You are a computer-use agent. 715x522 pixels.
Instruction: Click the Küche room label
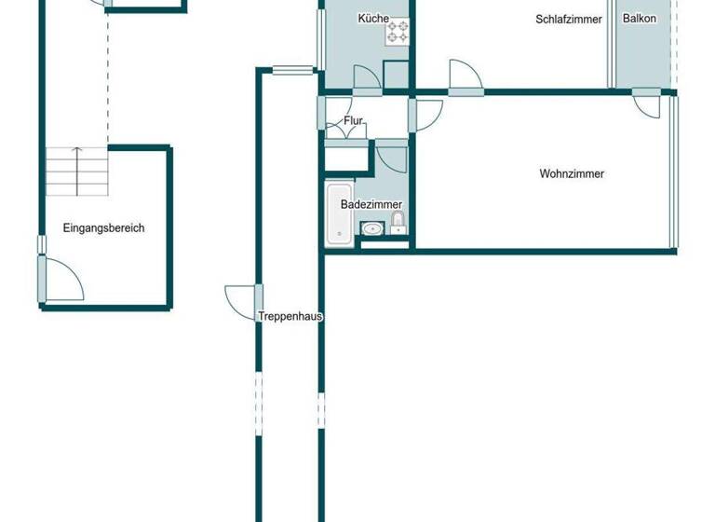[373, 19]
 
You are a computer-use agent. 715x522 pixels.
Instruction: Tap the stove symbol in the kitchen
[398, 33]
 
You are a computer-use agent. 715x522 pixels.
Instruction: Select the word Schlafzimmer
[569, 19]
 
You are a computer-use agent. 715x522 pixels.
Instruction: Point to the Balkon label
[640, 19]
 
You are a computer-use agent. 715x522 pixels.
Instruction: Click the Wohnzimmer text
[572, 173]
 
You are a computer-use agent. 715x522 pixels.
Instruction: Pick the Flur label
[353, 121]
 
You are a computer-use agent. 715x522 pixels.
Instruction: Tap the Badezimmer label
[371, 204]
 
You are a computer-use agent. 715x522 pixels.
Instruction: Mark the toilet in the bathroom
[398, 222]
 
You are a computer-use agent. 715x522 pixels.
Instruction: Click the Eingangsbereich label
[103, 227]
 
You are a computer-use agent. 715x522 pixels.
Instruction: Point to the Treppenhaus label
[290, 316]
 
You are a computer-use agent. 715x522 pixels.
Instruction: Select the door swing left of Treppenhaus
[240, 300]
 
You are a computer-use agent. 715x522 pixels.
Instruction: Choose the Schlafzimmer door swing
[464, 76]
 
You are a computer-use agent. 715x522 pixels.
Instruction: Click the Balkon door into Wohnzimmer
[648, 104]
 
